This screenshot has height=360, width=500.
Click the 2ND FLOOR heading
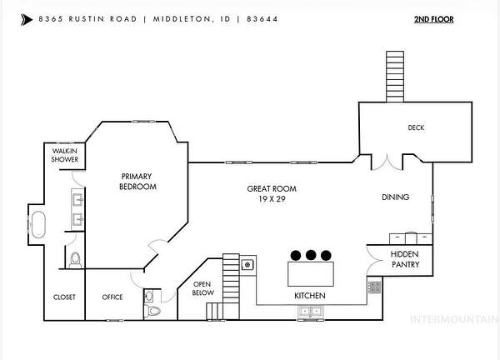(433, 19)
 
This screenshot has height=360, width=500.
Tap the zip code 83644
(262, 19)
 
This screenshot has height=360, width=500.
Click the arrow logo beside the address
(27, 20)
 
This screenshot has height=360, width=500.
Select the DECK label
(416, 127)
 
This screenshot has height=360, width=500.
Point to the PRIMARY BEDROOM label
(137, 182)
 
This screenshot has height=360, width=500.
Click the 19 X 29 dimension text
(272, 199)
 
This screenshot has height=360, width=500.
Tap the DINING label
(395, 197)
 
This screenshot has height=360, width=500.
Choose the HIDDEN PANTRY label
(405, 259)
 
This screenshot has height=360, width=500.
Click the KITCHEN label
(310, 296)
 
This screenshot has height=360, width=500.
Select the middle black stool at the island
(311, 255)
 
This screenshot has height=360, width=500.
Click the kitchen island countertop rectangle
(311, 274)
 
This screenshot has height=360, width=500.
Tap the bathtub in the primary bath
(38, 224)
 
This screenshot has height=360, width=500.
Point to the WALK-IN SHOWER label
(65, 155)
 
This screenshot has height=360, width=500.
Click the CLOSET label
(64, 297)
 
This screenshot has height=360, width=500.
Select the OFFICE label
(112, 297)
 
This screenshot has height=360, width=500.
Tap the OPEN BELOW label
(202, 288)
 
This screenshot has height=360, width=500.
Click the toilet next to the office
(153, 310)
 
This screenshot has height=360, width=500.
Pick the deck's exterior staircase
(395, 77)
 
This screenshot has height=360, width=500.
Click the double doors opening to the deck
(387, 162)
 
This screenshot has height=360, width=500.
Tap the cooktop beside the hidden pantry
(374, 287)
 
